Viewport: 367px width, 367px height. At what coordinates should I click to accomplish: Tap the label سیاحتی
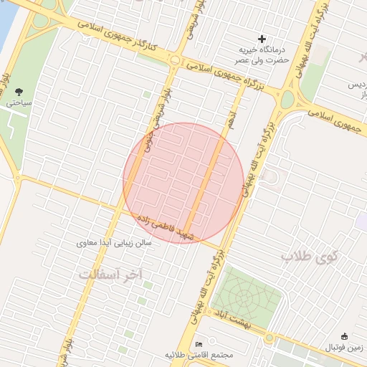[x=19, y=104]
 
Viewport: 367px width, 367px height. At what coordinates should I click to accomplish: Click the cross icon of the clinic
[x=262, y=38]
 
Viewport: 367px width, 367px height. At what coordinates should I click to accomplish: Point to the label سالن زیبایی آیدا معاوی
[x=114, y=244]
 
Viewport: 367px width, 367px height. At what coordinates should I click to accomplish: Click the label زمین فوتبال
[x=344, y=348]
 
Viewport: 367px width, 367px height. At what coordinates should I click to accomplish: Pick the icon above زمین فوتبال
[x=344, y=336]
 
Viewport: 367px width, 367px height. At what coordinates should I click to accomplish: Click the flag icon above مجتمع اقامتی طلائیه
[x=199, y=344]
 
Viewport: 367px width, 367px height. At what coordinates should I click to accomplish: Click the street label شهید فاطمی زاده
[x=161, y=226]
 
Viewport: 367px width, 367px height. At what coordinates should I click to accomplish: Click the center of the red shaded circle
[x=183, y=183]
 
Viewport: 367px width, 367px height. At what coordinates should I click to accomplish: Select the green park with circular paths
[x=244, y=295]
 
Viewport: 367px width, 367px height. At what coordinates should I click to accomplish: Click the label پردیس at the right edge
[x=357, y=85]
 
